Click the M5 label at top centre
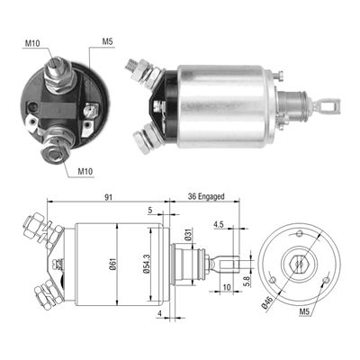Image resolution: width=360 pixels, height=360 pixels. pos(107,40)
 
